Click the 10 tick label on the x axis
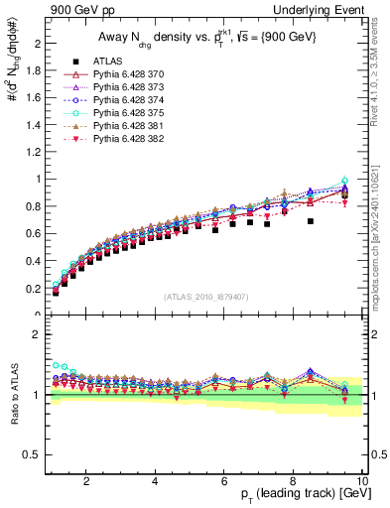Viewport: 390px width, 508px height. pyautogui.click(x=361, y=482)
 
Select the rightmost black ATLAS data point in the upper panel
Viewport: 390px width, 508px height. pyautogui.click(x=345, y=191)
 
